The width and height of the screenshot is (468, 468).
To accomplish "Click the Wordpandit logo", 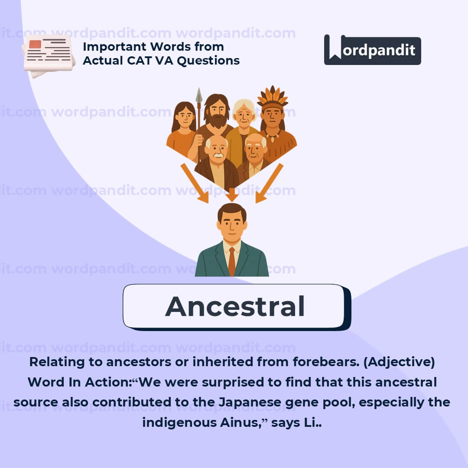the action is [x=373, y=50].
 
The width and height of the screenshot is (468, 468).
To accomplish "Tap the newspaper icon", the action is [x=49, y=55].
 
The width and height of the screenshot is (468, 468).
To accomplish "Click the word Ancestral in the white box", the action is [x=235, y=306].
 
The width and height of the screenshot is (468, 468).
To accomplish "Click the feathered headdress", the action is [x=272, y=97].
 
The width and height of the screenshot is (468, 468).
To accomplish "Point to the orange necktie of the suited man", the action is [x=232, y=261].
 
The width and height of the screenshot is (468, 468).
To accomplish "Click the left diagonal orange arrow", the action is [x=195, y=183].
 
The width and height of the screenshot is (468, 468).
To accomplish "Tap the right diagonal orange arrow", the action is [x=269, y=183].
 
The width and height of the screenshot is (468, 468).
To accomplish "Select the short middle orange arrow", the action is [x=232, y=195].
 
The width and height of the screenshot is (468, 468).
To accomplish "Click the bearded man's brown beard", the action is [x=218, y=120].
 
